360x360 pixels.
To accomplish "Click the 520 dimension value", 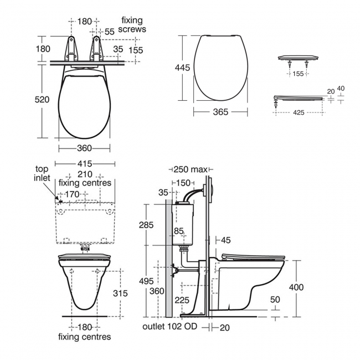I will click(x=42, y=100).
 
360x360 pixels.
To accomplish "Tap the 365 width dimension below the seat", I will click(x=220, y=112).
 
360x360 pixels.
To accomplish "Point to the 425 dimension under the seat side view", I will click(x=299, y=112).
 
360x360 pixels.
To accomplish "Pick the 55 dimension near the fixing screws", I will click(x=109, y=32).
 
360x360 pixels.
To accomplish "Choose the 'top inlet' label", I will click(x=42, y=173).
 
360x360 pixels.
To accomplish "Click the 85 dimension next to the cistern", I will click(x=178, y=231).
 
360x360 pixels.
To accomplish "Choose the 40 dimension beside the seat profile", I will click(x=341, y=88).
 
